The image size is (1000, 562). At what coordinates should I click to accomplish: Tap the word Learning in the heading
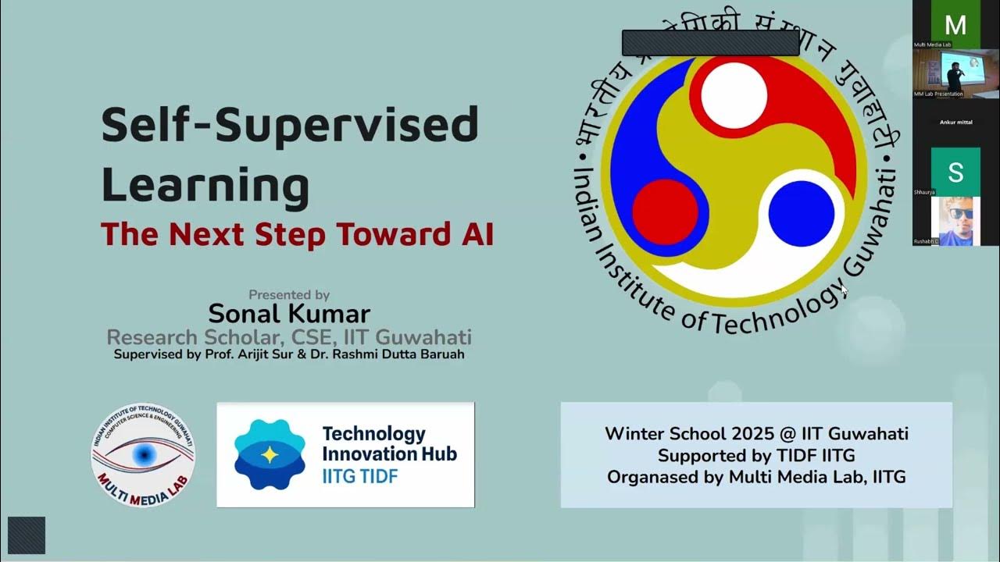(205, 185)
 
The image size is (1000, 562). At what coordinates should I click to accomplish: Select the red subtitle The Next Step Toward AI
(297, 234)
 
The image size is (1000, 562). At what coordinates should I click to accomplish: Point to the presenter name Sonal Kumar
(288, 314)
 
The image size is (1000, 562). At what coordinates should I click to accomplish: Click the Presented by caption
(288, 295)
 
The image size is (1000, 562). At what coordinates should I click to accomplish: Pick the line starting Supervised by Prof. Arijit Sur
(288, 354)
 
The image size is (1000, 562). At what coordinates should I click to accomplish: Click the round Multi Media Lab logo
(143, 455)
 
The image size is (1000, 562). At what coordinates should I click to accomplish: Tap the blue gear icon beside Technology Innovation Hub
(270, 454)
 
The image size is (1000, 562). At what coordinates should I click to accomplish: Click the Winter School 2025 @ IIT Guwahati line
(756, 434)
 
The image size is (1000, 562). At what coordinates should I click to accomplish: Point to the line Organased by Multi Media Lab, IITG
(756, 477)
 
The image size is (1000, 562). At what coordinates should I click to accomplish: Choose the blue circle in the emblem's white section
(801, 212)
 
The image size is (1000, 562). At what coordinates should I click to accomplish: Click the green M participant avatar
(955, 25)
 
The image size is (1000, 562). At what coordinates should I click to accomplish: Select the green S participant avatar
(955, 172)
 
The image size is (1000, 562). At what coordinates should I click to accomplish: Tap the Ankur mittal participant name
(955, 123)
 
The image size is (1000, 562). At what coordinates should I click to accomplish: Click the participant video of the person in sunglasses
(955, 220)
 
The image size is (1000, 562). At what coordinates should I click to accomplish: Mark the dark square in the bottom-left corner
(27, 535)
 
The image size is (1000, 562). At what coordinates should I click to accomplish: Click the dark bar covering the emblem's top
(710, 43)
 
